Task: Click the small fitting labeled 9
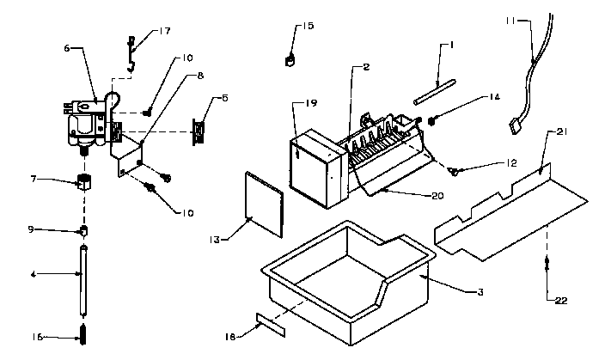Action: pos(85,230)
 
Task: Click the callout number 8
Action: pos(199,76)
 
